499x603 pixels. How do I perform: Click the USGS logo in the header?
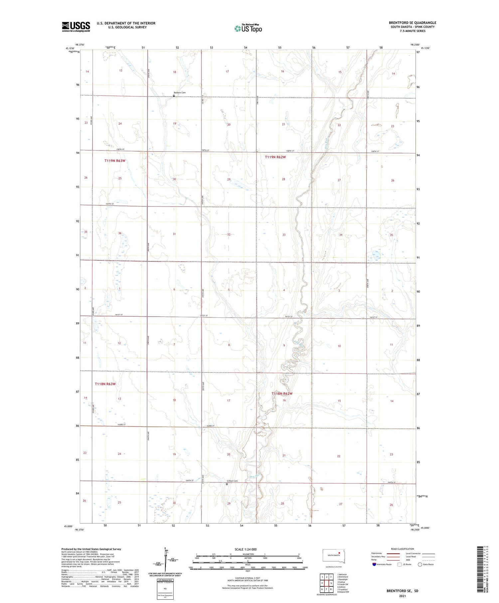[76, 27]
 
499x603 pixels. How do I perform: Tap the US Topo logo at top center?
[248, 29]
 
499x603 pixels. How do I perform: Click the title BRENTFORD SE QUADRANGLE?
[412, 23]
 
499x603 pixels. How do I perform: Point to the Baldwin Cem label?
[180, 92]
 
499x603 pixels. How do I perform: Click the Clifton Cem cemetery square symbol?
[227, 484]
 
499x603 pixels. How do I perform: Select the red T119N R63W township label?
[115, 161]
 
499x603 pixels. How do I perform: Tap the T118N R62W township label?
[282, 394]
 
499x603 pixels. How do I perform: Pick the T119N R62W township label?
[275, 157]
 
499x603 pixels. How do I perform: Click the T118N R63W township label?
[105, 384]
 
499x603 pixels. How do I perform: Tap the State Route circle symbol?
[420, 564]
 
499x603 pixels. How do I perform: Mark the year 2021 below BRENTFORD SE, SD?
[402, 595]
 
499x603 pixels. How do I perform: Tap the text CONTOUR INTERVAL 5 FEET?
[247, 578]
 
